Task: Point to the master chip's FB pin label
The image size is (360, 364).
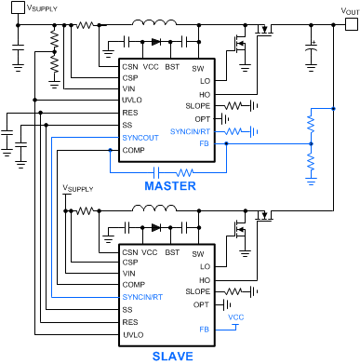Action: [x=203, y=144]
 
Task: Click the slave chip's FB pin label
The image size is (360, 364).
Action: [x=203, y=329]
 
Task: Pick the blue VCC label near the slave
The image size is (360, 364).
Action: [x=236, y=317]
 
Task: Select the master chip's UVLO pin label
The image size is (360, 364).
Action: [x=131, y=100]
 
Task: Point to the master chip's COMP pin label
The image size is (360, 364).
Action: [x=133, y=150]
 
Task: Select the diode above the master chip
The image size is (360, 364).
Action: [x=155, y=42]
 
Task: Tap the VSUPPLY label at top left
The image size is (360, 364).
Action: [x=37, y=7]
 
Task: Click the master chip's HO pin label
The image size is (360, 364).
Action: [x=203, y=93]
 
